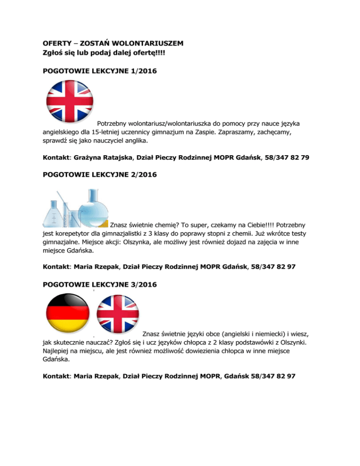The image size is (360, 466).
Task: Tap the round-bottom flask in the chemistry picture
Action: click(93, 207)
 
